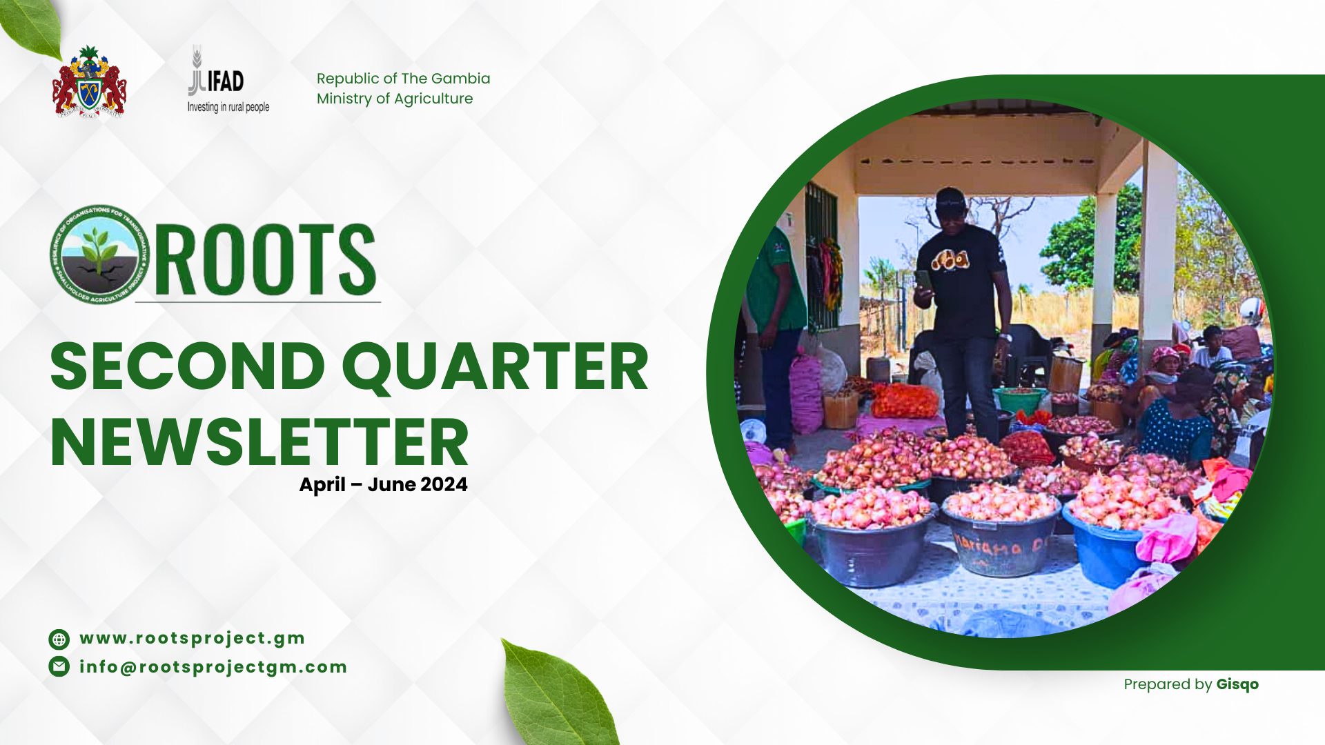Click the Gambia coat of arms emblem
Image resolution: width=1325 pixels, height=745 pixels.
coord(89,83)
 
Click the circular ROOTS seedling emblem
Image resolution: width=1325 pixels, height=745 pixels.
coord(100,255)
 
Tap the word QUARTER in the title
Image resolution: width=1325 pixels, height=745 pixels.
coord(495,368)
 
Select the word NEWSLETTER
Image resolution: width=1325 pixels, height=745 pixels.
coord(259,443)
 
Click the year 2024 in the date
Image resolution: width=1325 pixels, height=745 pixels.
coord(444,484)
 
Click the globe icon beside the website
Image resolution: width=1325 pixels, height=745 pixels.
coord(59,639)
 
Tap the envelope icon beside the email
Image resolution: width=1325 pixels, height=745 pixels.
coord(59,666)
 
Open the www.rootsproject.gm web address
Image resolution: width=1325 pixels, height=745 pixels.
coord(193,638)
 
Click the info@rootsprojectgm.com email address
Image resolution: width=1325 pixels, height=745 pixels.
coord(213,667)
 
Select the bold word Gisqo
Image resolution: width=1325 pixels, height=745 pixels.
coord(1237,684)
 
